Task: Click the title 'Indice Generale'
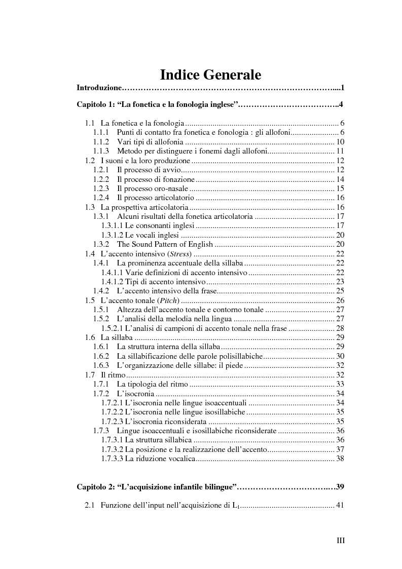point(210,75)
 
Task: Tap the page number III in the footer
point(341,541)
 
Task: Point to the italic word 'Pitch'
point(170,300)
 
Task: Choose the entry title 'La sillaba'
point(117,337)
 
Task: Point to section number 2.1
point(90,505)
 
